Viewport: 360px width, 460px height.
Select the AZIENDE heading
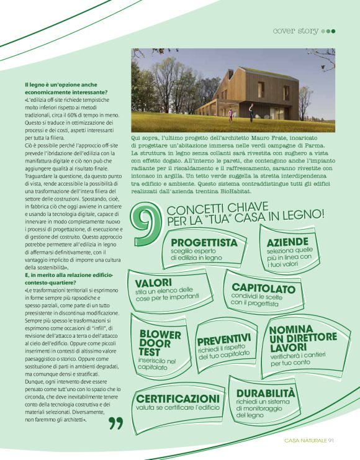click(x=287, y=241)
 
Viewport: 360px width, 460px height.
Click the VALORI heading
click(x=153, y=282)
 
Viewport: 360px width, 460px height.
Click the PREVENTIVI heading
click(x=223, y=340)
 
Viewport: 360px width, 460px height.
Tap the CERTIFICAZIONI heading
click(x=178, y=398)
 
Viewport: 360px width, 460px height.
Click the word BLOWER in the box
click(x=160, y=335)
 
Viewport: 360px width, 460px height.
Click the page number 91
click(x=332, y=441)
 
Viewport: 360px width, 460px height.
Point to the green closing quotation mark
click(x=115, y=424)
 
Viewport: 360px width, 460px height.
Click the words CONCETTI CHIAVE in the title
click(x=209, y=209)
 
